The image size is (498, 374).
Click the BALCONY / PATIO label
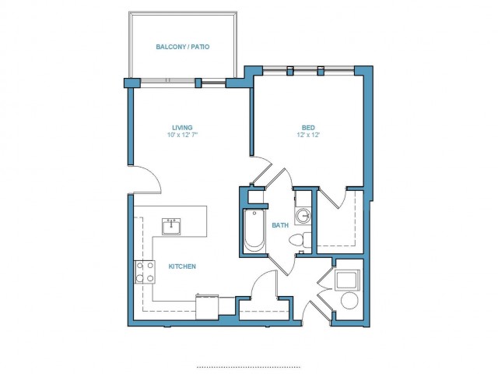pyautogui.click(x=183, y=47)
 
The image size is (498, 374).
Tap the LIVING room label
pyautogui.click(x=182, y=128)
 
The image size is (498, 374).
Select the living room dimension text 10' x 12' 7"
pyautogui.click(x=183, y=135)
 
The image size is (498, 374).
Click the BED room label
pyautogui.click(x=308, y=128)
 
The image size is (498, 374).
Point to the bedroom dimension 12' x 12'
pyautogui.click(x=308, y=135)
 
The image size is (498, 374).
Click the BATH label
pyautogui.click(x=280, y=225)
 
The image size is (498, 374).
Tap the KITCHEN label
pyautogui.click(x=182, y=266)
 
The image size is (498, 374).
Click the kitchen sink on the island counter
pyautogui.click(x=171, y=227)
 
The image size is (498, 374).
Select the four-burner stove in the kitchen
pyautogui.click(x=145, y=272)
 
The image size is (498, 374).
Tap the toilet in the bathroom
pyautogui.click(x=300, y=240)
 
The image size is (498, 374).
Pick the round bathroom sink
pyautogui.click(x=303, y=216)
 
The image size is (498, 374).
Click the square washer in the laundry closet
pyautogui.click(x=348, y=280)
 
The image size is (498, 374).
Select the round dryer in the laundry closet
pyautogui.click(x=349, y=300)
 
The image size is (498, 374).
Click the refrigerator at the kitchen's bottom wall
pyautogui.click(x=207, y=307)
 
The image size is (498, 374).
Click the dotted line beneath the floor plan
pyautogui.click(x=249, y=367)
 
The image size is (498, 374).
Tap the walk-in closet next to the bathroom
pyautogui.click(x=340, y=221)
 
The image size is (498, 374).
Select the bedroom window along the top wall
pyautogui.click(x=308, y=70)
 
